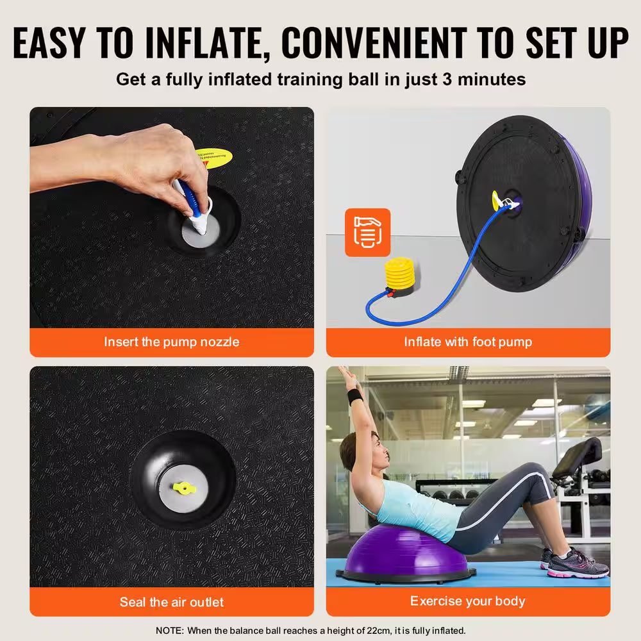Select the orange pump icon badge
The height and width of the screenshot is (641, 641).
(x=367, y=232)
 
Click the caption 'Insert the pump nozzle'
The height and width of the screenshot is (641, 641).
(x=172, y=342)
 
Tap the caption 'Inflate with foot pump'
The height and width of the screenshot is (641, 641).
(x=468, y=342)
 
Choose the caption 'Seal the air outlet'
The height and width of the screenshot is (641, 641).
(x=172, y=602)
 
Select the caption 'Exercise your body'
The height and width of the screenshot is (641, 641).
(x=468, y=601)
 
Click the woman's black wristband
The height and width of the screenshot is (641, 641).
(x=355, y=395)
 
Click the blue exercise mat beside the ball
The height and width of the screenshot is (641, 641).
(x=513, y=574)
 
